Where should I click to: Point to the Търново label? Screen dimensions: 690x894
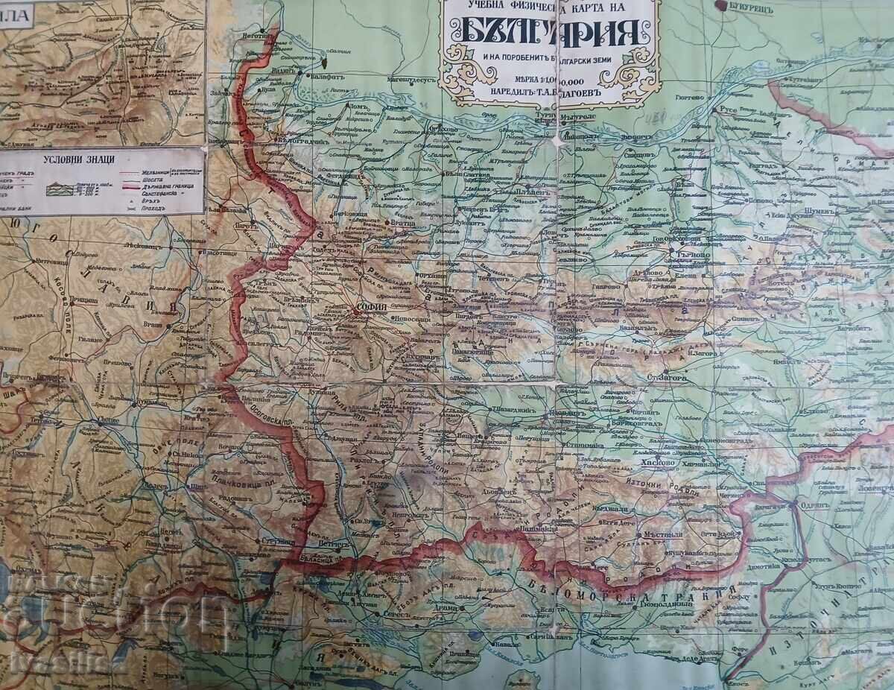pyautogui.click(x=690, y=253)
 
